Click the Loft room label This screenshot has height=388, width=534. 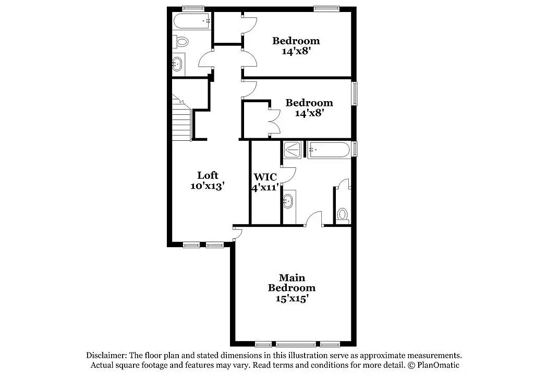tap(208, 175)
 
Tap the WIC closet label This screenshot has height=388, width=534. tap(265, 177)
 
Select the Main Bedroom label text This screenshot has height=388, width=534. tap(292, 283)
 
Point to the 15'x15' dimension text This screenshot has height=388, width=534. tap(292, 298)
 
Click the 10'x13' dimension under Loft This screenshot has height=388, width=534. tap(208, 186)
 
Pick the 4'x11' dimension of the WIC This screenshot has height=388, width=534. tap(265, 187)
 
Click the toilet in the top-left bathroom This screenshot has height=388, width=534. tap(180, 42)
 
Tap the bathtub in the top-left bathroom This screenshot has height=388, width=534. tap(192, 21)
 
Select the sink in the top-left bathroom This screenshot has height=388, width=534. tap(177, 64)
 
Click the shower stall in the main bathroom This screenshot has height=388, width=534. tap(292, 150)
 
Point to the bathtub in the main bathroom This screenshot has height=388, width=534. tap(329, 150)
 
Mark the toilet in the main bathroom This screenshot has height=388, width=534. tap(343, 215)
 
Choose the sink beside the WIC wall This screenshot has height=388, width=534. tap(288, 201)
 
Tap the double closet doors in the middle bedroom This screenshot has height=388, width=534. tap(274, 122)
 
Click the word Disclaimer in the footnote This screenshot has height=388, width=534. tap(106, 355)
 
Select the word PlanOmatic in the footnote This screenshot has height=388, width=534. tap(438, 365)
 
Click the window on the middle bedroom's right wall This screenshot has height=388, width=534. tap(355, 93)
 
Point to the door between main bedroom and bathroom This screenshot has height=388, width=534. tap(313, 219)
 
